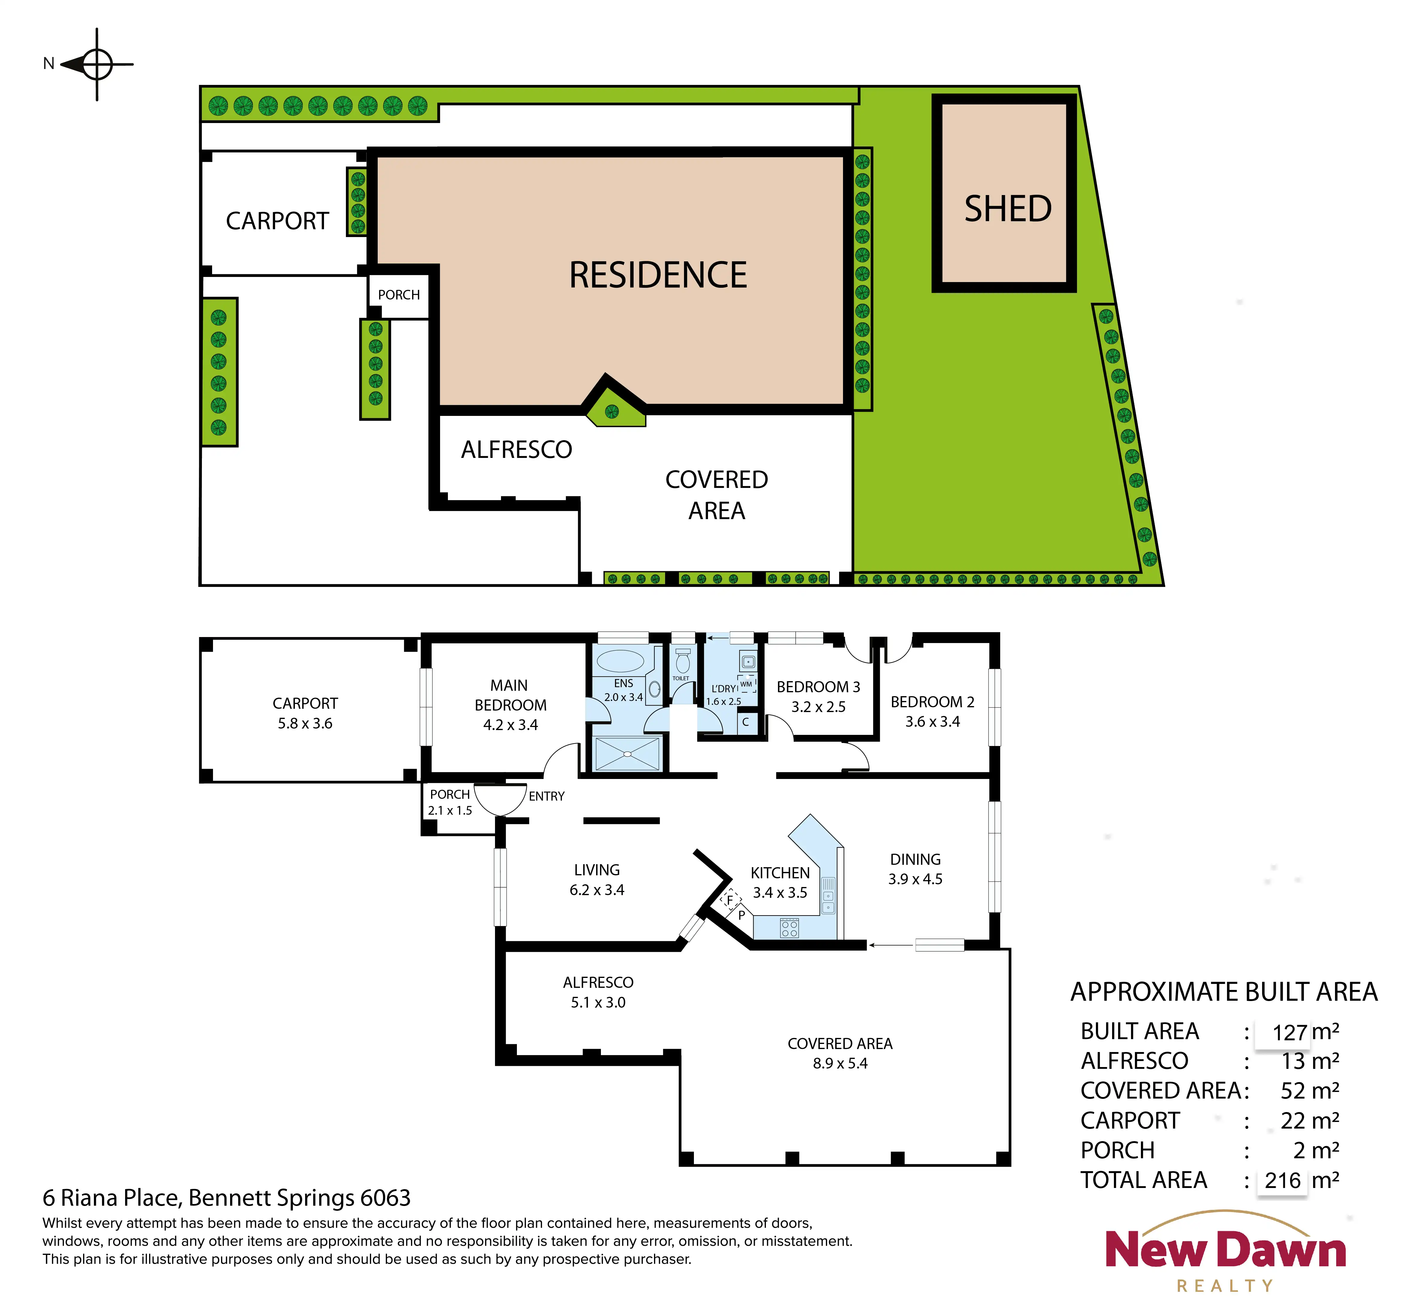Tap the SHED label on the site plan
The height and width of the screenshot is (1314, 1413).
coord(1008,209)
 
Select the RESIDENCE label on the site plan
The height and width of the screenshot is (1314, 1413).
coord(658,275)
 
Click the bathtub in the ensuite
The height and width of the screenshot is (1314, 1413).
coord(620,660)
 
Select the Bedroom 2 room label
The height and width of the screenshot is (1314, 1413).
coord(932,702)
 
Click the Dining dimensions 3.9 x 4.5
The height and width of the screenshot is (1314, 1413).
coord(916,879)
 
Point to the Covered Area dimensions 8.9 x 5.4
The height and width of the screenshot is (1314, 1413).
coord(840,1063)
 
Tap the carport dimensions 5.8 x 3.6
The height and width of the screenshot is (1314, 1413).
coord(305,723)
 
